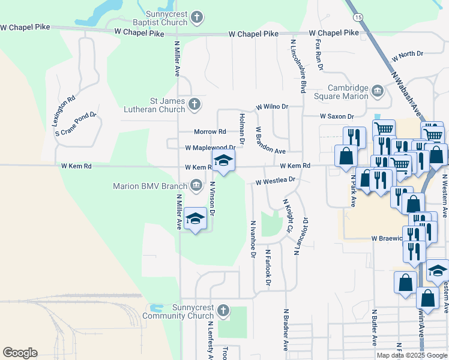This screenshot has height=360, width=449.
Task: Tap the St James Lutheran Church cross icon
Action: point(194,105)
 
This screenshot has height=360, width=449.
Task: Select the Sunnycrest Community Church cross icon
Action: point(223,311)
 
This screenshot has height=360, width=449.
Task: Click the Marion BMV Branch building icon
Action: point(196,185)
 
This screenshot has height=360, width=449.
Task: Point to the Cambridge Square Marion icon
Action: point(378,92)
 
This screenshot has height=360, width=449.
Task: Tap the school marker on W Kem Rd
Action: point(224,161)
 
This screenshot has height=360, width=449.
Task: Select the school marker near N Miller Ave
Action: point(196,220)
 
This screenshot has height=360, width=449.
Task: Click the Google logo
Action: point(20,353)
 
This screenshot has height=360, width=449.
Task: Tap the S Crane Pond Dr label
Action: point(76,124)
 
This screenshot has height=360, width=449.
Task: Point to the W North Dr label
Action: point(407,56)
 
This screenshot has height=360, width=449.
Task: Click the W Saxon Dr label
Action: point(337,116)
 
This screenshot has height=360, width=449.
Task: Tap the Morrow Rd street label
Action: point(209,131)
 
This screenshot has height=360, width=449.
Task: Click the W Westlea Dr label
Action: point(276,180)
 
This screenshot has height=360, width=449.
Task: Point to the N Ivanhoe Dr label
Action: point(253,238)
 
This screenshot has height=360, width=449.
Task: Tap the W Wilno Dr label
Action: point(272,106)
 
